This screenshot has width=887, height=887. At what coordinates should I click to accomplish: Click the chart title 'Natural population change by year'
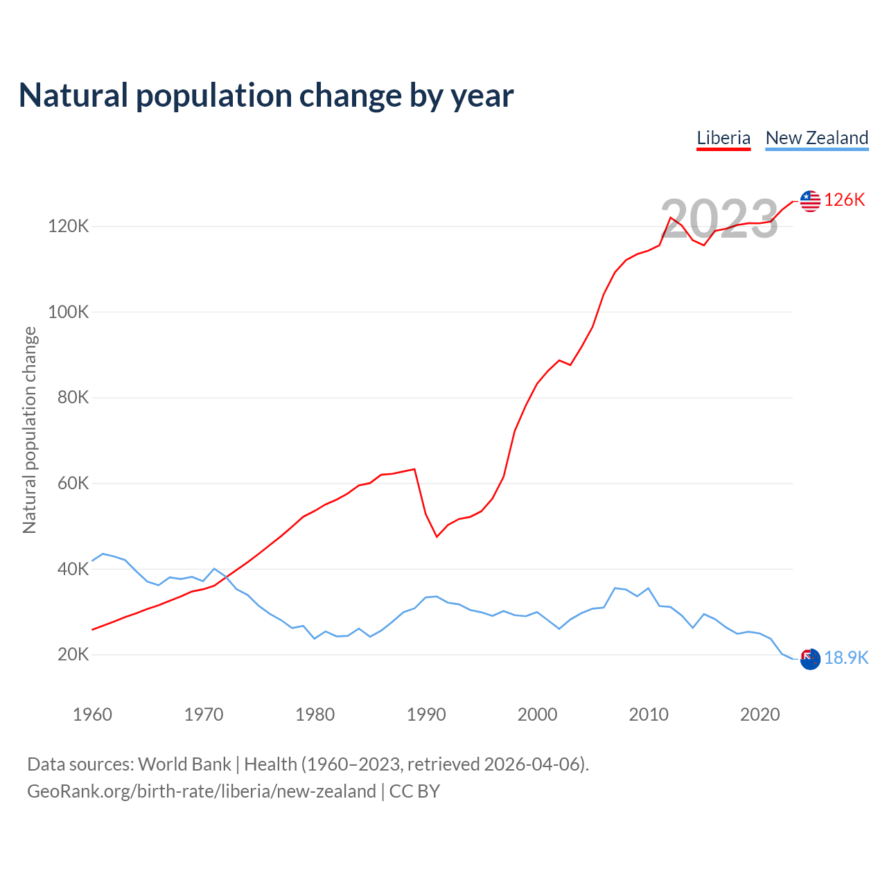point(266,96)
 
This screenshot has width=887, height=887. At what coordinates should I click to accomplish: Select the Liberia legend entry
point(723,138)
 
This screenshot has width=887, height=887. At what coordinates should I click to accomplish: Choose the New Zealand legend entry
point(816,138)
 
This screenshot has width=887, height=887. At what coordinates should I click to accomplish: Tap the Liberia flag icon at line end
point(810,201)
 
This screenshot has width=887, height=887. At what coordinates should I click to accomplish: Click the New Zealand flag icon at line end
point(810,659)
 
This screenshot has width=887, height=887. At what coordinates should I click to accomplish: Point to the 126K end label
point(845,200)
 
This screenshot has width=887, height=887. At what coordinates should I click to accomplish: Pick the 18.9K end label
point(846,658)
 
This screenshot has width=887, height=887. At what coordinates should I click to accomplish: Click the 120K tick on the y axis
point(69,227)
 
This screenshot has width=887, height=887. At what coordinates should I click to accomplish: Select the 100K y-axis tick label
point(69,312)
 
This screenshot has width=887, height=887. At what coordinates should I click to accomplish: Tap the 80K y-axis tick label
point(73,398)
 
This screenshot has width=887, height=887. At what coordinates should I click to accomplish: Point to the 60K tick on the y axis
point(73,483)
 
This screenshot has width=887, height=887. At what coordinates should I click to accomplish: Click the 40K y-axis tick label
point(73,569)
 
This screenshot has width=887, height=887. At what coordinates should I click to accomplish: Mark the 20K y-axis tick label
point(73,655)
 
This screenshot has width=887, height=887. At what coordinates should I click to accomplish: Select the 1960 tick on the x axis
point(92,714)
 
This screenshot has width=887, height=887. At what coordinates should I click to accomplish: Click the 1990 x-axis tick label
point(426,714)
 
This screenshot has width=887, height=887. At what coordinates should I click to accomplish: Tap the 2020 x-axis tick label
point(760,714)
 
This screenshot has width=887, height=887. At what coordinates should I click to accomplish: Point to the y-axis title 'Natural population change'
point(30,430)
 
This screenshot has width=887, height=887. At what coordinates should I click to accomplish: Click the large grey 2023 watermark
point(719,219)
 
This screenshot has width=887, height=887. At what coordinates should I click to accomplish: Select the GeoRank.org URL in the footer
point(202,791)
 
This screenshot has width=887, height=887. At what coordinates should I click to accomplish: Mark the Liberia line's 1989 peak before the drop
point(414,469)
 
